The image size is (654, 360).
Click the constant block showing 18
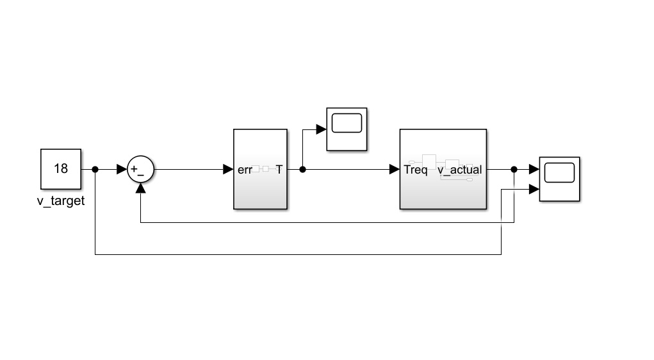(61, 169)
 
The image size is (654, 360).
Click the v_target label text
(61, 200)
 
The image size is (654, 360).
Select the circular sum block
(140, 170)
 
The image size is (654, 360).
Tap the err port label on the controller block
(243, 170)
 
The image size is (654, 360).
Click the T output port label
(279, 170)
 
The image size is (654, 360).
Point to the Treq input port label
(415, 170)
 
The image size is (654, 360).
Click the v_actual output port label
(459, 170)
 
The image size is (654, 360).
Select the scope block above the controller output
(347, 129)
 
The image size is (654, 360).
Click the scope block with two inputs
(559, 179)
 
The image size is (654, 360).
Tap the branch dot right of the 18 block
(95, 170)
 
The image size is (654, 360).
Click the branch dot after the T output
(303, 170)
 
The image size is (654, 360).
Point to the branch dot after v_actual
(514, 170)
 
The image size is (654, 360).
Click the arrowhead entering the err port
(227, 170)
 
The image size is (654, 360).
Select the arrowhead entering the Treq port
(394, 170)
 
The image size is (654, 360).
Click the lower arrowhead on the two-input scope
(534, 189)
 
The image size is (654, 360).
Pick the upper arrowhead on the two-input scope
(534, 170)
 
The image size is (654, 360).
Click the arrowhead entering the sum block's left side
(122, 170)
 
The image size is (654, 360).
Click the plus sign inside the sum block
(135, 169)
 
